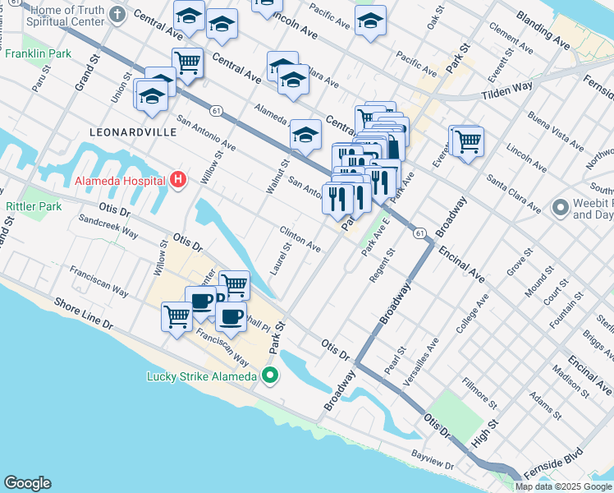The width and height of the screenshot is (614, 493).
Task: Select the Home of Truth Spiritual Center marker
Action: (x=118, y=15)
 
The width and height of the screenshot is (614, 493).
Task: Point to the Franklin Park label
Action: (x=38, y=54)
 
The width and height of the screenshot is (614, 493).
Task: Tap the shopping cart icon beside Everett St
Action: (x=468, y=141)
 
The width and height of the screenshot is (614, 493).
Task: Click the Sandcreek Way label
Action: (x=108, y=227)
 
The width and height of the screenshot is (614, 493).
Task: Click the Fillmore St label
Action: (x=479, y=392)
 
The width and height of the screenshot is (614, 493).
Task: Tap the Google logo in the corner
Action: (x=27, y=483)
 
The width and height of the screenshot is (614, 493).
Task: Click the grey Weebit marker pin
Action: (x=561, y=207)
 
